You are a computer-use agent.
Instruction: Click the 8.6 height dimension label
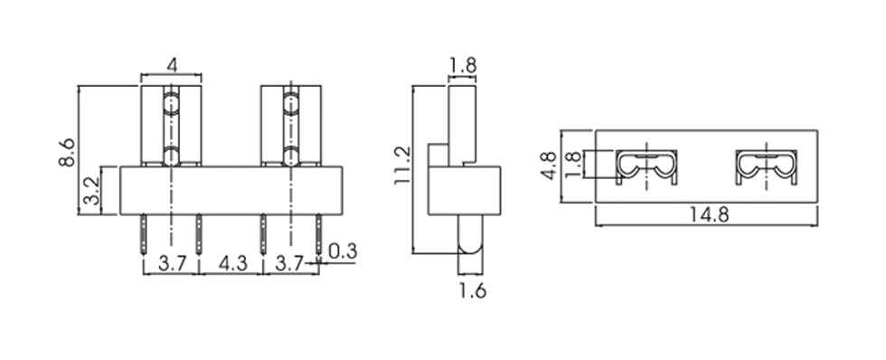click(x=67, y=150)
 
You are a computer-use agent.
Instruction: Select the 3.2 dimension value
click(x=90, y=191)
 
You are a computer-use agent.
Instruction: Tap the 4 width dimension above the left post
click(x=172, y=65)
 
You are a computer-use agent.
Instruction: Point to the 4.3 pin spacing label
click(x=232, y=263)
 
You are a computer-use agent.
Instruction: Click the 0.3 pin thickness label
click(x=343, y=251)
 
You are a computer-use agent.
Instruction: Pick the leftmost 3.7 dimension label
click(x=172, y=263)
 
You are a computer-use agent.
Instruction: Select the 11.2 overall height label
click(x=403, y=165)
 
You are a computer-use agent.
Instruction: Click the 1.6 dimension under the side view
click(x=472, y=290)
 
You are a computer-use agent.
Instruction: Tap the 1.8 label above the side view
click(x=463, y=65)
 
